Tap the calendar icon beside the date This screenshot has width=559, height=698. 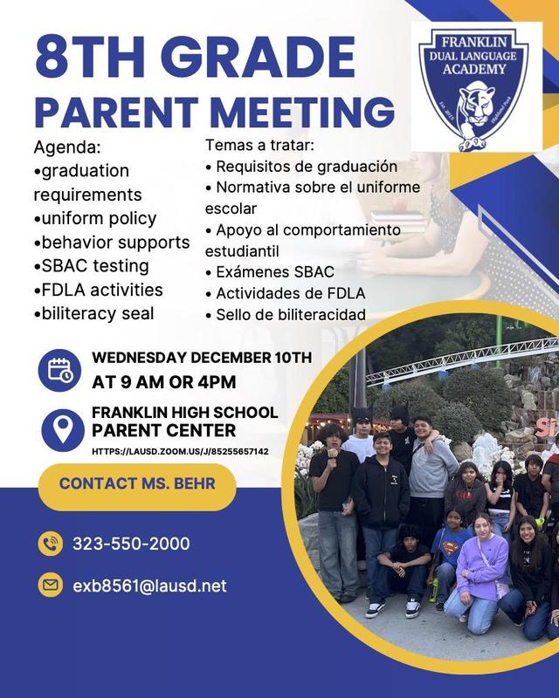pos(60,370)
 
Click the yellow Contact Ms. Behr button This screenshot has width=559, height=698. pos(137,487)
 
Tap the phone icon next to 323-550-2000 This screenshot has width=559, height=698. pos(50,544)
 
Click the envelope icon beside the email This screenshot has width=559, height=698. pos(50,585)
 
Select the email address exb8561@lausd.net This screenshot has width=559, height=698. pos(148,585)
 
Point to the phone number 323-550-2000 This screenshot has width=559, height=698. pos(131,544)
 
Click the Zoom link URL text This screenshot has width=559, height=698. pos(180,452)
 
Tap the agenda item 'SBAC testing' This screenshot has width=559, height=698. pos(91,266)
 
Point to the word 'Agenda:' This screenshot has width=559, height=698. pos(67,146)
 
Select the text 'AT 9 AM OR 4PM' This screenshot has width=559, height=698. pos(163,381)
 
